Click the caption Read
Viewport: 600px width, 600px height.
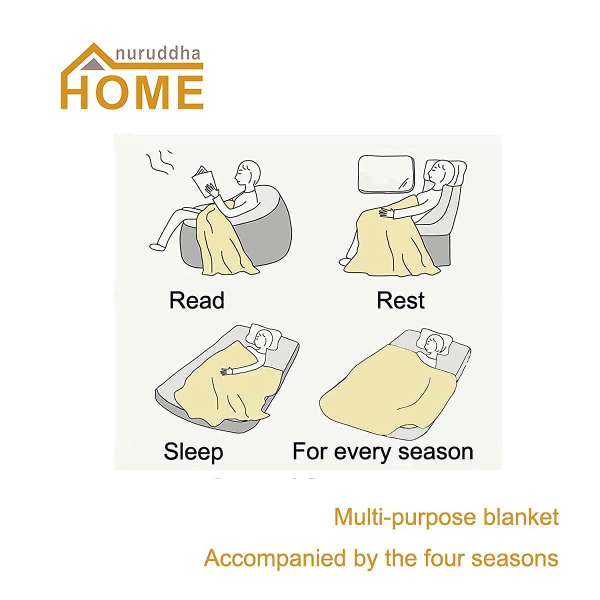(196, 300)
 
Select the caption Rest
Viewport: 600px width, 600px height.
(400, 300)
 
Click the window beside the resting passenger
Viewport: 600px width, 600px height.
(387, 173)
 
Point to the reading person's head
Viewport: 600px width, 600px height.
(247, 173)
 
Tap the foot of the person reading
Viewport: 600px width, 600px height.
(157, 246)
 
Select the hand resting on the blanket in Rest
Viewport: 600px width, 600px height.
(386, 213)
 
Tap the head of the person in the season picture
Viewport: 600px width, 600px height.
(434, 345)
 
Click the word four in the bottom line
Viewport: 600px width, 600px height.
(441, 557)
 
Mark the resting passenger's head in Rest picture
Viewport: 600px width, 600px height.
(440, 172)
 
